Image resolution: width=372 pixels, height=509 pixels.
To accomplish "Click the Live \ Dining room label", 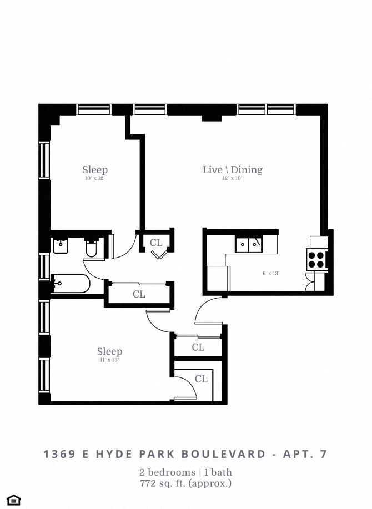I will [232, 170].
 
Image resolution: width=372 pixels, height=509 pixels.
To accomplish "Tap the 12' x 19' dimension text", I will [232, 179].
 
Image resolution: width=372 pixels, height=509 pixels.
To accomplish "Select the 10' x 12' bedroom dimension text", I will [94, 179].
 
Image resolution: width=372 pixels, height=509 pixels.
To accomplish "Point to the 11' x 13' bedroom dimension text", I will [109, 360].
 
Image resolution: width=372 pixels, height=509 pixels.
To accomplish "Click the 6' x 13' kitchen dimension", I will [271, 273].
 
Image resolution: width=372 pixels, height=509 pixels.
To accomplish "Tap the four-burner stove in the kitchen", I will [316, 259].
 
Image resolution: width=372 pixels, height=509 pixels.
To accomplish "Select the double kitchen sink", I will [248, 244].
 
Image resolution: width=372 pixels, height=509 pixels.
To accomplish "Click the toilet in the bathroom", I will [92, 248].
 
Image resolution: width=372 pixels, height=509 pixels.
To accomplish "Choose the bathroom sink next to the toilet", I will [61, 245].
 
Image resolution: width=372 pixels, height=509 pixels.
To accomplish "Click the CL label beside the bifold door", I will [156, 243].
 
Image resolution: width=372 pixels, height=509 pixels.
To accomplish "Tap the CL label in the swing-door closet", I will [201, 379].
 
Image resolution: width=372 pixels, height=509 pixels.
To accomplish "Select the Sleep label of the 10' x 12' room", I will [95, 170].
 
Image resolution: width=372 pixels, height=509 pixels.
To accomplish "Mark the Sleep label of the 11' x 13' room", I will [109, 351].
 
